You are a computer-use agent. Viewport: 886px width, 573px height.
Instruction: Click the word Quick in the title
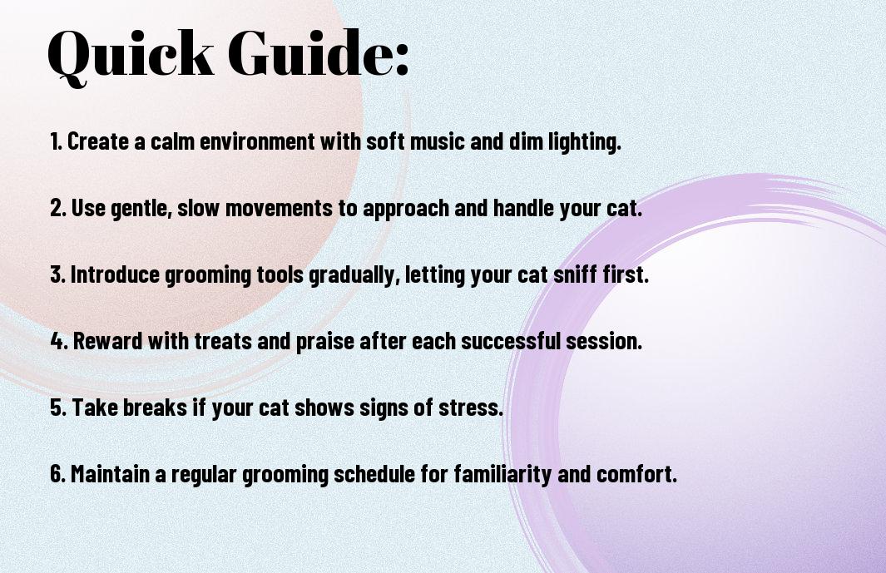pyautogui.click(x=131, y=55)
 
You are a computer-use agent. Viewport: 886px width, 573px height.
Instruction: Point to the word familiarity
pyautogui.click(x=502, y=475)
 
